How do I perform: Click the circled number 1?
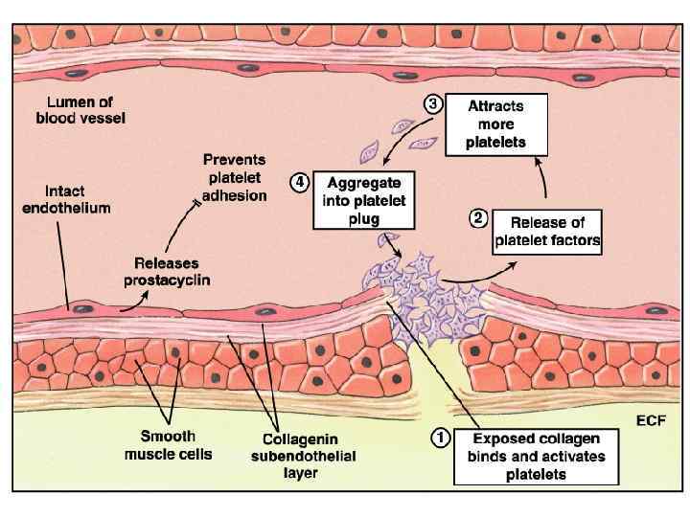(x=440, y=438)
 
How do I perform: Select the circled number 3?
(x=432, y=106)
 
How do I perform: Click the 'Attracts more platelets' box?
(x=496, y=124)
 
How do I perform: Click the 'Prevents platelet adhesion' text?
(x=235, y=176)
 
